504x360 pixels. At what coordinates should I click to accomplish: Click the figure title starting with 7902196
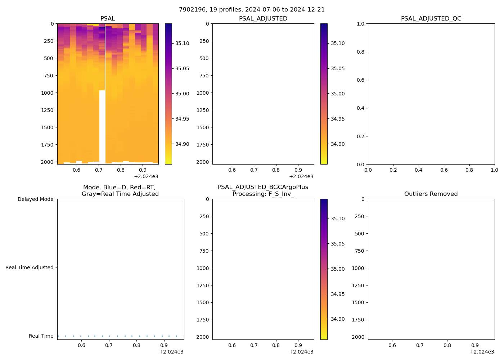[252, 10]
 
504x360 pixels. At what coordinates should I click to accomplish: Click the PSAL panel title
[108, 19]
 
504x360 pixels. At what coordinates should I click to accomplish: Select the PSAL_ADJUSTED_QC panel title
[431, 19]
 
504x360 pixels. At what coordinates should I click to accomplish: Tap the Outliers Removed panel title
[431, 194]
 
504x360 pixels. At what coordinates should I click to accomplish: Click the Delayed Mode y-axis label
[35, 199]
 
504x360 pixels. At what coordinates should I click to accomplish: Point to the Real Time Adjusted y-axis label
[29, 267]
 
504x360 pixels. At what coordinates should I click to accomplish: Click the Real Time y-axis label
[41, 336]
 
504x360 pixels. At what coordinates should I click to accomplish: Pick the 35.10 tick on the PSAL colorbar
[182, 43]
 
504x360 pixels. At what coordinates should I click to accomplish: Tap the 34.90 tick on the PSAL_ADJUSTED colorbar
[338, 144]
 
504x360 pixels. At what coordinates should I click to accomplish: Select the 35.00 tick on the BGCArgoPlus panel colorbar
[338, 269]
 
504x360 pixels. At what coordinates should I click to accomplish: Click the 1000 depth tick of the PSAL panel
[47, 93]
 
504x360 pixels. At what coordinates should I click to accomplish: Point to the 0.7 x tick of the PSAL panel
[99, 170]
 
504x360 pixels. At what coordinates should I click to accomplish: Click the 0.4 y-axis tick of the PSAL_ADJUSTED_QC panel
[360, 108]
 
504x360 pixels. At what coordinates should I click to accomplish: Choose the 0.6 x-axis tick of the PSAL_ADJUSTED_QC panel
[444, 170]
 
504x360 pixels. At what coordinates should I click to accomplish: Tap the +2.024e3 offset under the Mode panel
[171, 352]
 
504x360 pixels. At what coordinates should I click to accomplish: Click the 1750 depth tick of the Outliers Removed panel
[358, 320]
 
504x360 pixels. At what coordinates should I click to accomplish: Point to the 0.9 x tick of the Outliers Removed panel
[475, 345]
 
